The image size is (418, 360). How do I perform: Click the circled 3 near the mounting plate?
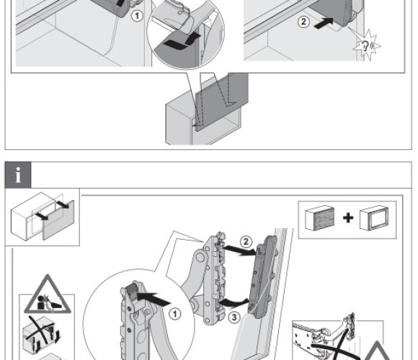(x=234, y=317)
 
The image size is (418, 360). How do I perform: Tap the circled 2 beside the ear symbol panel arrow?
(x=303, y=22)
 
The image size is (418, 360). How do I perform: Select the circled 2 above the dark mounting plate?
(x=246, y=241)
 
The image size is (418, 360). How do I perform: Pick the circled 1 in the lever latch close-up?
(x=175, y=314)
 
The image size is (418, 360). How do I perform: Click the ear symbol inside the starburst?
(x=365, y=46)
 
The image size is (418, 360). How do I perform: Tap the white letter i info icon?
(x=18, y=175)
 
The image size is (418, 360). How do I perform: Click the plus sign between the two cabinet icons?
(x=348, y=218)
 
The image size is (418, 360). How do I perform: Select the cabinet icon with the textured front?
(x=320, y=218)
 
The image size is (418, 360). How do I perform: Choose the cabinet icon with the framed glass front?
(x=374, y=218)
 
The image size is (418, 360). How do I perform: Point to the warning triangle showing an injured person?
(x=48, y=296)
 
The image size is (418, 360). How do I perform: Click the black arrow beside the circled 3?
(x=233, y=303)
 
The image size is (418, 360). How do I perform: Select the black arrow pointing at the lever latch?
(x=154, y=299)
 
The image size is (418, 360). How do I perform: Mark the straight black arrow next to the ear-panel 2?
(x=324, y=24)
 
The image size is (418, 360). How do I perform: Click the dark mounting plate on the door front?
(x=262, y=277)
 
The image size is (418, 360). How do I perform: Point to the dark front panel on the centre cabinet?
(x=222, y=102)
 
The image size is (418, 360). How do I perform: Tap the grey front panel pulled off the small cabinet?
(x=58, y=220)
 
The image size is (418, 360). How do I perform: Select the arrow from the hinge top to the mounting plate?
(x=239, y=251)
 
